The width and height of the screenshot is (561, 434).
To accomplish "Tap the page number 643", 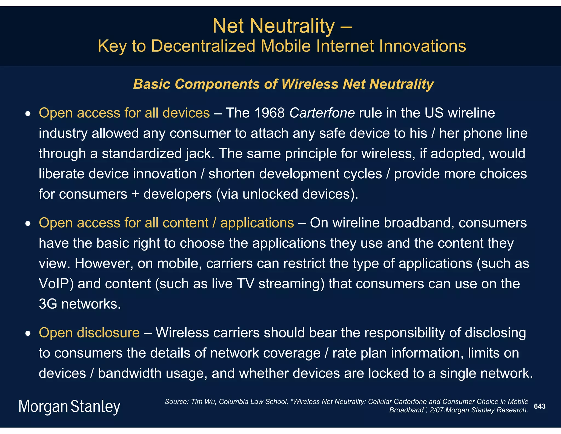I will click(x=540, y=406).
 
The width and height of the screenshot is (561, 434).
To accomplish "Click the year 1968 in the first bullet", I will click(x=270, y=113).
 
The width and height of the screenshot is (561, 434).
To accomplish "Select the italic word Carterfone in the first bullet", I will click(x=322, y=113).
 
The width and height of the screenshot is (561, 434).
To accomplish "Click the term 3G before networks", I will click(x=48, y=304).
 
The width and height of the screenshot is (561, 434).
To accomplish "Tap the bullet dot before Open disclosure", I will click(x=28, y=334).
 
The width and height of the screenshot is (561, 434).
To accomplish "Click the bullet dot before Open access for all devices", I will click(x=28, y=114).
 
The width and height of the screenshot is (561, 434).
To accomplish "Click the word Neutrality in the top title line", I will click(x=292, y=26).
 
